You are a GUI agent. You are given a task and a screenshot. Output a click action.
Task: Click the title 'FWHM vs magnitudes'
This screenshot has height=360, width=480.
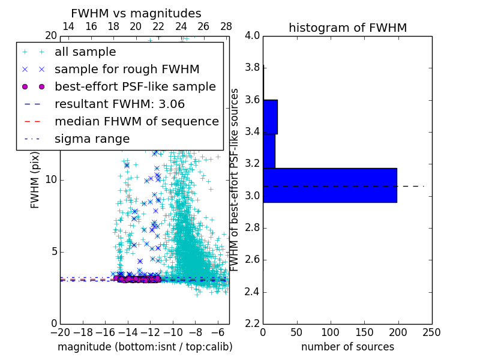(136, 13)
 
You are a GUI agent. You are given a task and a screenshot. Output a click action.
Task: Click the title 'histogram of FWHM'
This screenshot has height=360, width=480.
(347, 28)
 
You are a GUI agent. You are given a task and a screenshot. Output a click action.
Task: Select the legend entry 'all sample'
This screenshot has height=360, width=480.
(85, 52)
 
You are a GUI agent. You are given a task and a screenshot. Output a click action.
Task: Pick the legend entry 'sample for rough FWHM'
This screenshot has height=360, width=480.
(127, 70)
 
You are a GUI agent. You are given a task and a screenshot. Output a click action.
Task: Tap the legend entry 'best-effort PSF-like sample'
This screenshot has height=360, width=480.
(135, 87)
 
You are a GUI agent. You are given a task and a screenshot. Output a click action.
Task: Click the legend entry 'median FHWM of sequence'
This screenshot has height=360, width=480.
(136, 122)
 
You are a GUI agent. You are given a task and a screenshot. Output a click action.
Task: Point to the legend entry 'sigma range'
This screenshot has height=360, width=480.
(92, 139)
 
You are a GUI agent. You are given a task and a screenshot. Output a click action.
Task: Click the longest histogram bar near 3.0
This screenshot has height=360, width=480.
(329, 185)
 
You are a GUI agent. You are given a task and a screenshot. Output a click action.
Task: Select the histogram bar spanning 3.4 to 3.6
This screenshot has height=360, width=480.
(270, 116)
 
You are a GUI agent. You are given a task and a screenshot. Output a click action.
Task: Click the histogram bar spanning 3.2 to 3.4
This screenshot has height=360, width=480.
(269, 151)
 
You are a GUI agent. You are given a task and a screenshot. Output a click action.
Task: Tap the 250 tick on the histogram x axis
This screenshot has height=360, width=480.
(431, 332)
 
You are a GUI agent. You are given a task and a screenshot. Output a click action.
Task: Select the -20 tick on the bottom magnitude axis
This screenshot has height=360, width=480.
(60, 332)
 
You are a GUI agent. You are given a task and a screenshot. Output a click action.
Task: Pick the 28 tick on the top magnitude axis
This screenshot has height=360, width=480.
(226, 26)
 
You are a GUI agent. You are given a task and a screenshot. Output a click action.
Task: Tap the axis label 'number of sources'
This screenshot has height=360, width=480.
(347, 347)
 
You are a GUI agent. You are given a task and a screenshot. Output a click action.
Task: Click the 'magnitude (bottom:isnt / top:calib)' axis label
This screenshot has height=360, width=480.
(145, 347)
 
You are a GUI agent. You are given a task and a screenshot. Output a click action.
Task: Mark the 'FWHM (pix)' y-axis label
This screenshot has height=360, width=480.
(35, 179)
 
